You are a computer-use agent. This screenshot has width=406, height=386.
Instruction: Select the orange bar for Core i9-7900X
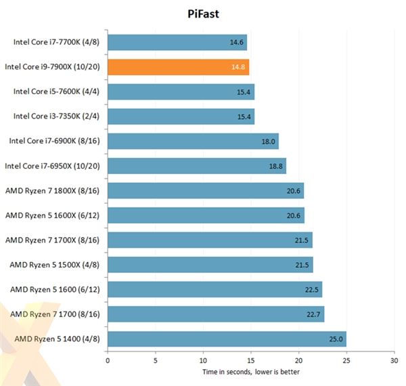click(178, 67)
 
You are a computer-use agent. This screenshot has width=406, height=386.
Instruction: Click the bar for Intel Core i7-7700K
click(177, 42)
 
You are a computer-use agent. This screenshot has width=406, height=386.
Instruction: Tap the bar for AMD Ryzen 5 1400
click(227, 339)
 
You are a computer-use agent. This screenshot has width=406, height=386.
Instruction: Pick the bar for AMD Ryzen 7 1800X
click(206, 190)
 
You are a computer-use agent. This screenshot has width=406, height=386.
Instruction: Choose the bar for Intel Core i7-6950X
click(197, 166)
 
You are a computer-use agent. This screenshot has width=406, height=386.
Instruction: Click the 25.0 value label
click(336, 339)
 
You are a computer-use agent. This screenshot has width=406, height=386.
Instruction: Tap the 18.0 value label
click(269, 142)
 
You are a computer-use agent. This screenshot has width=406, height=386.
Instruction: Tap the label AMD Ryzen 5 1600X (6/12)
click(54, 215)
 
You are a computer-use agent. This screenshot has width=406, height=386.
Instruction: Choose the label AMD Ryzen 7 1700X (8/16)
click(54, 240)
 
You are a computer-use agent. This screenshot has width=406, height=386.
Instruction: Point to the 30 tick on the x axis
click(394, 360)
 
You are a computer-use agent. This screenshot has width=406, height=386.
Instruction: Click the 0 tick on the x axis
click(108, 360)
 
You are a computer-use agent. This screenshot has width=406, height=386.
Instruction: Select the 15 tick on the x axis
click(250, 360)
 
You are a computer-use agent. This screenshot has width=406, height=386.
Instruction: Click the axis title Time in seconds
click(250, 372)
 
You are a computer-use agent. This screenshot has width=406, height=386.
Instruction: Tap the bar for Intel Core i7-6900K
click(193, 141)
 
